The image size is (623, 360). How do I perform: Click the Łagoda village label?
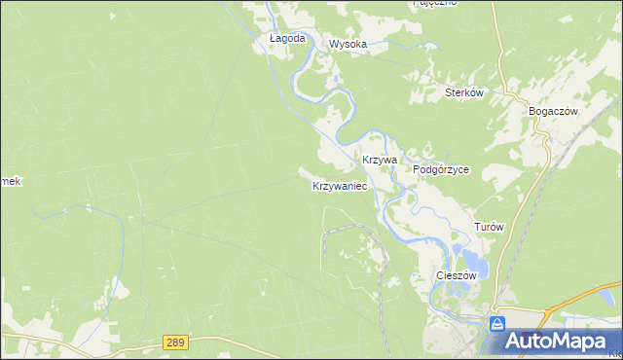point(287,39)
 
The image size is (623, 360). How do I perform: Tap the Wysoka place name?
point(348,44)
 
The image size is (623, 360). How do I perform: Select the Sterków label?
point(464,92)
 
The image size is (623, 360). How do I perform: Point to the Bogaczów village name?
point(553,111)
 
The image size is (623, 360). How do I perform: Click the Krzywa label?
point(380,159)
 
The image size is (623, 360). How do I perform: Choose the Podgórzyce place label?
point(441,168)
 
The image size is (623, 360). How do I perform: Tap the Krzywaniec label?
point(340,185)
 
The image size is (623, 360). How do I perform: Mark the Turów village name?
point(489,227)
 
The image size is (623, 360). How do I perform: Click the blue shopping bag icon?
point(497,324)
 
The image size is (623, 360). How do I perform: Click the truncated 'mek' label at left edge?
point(10,181)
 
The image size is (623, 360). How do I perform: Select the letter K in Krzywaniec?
point(316,185)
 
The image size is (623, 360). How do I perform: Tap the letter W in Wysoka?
point(334,44)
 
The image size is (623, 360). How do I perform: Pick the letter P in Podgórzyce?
point(417,168)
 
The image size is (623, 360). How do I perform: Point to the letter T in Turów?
point(477,227)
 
